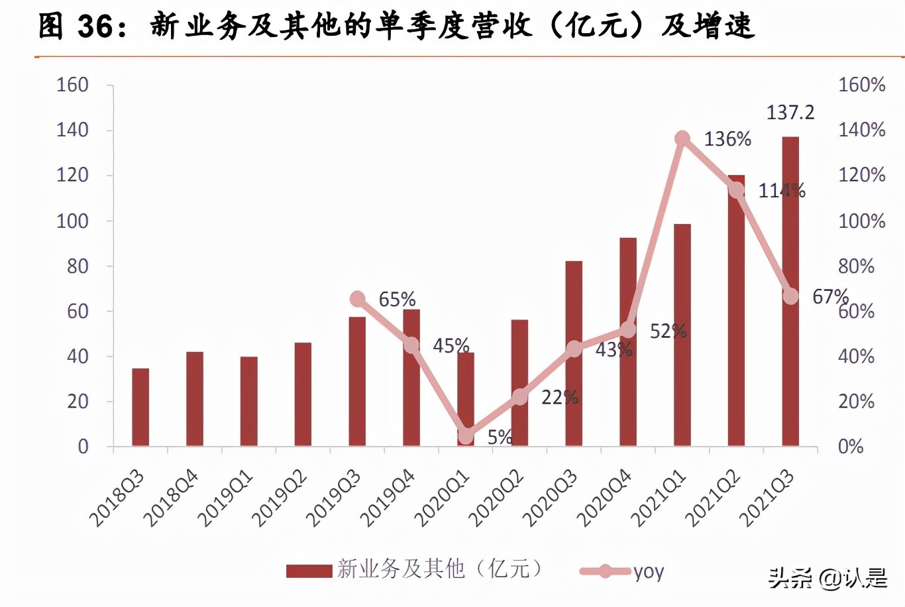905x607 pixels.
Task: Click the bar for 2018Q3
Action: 140,407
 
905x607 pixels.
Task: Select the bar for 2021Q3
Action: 790,291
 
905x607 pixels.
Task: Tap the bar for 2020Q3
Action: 574,353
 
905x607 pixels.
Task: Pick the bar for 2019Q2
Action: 303,394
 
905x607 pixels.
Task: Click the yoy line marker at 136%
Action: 682,138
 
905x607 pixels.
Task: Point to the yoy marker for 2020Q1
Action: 466,435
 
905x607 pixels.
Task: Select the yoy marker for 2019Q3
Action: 358,299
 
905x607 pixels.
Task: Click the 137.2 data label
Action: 790,113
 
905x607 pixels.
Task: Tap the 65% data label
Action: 397,300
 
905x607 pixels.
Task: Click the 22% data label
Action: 559,398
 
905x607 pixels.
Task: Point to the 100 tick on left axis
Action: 72,221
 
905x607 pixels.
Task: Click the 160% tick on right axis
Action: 861,85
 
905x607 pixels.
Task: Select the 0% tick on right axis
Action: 851,447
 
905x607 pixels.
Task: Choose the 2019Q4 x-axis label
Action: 388,498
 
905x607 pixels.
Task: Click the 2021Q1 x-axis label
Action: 659,498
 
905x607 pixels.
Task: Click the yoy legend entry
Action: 648,571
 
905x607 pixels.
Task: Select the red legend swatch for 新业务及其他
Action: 309,571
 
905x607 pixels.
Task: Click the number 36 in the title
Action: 95,27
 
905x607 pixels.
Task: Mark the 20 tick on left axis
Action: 78,402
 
